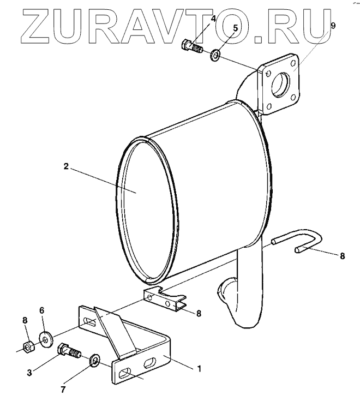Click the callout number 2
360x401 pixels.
coord(66,166)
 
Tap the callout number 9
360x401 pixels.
coord(333,25)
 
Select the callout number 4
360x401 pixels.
coord(213,19)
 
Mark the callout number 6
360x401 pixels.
coord(43,310)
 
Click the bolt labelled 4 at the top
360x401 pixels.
coord(192,47)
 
